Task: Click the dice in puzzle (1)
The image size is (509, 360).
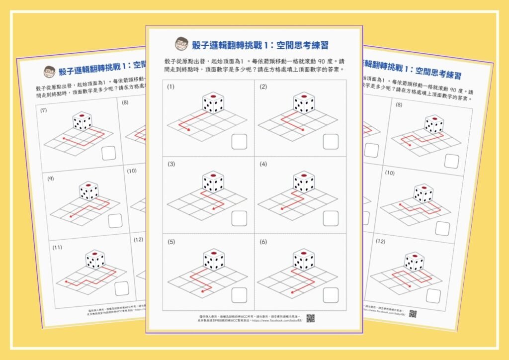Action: [x=213, y=103]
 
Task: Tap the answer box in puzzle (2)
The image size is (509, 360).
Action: [x=331, y=141]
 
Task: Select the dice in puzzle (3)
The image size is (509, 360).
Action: [x=213, y=182]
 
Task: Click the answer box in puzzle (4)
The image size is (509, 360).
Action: [x=331, y=218]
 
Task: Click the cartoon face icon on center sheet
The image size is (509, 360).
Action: [x=181, y=44]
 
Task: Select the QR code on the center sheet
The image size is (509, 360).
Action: [x=310, y=318]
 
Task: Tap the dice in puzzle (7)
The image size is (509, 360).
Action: [x=82, y=121]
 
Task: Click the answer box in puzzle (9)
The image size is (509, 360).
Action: [x=115, y=220]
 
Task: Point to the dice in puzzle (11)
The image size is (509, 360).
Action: [x=95, y=259]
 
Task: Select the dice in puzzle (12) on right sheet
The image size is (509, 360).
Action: [x=414, y=261]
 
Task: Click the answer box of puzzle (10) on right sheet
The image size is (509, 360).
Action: [x=442, y=228]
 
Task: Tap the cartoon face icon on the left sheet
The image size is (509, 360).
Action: [x=49, y=71]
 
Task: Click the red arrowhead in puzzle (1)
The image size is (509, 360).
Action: [x=189, y=131]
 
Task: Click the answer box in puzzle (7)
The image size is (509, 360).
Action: [x=109, y=153]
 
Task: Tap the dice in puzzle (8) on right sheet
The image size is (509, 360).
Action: [x=433, y=124]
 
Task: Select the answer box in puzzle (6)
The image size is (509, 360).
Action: [x=331, y=294]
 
